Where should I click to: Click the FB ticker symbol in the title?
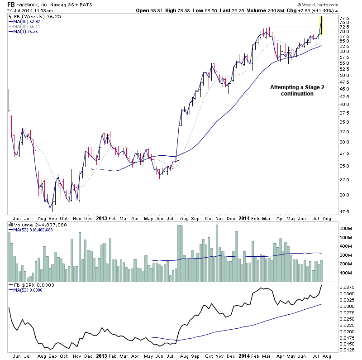tap(12, 5)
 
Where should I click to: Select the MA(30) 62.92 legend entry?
tap(27, 21)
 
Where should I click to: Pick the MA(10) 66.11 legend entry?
tap(27, 27)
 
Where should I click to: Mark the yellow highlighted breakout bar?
tap(321, 25)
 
